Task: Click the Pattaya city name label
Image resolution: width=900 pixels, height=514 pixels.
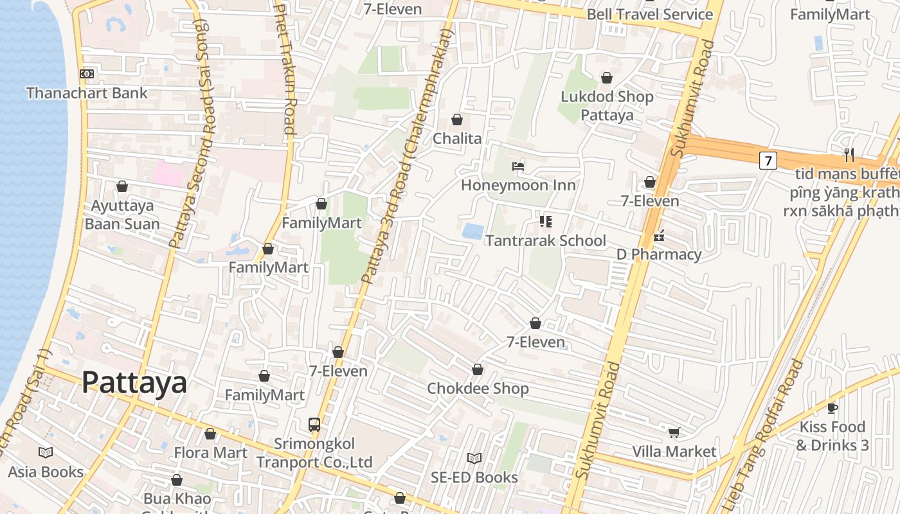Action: pyautogui.click(x=134, y=382)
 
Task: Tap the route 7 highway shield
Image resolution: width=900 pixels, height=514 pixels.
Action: pyautogui.click(x=768, y=160)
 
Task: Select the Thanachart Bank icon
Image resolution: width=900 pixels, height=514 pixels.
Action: pyautogui.click(x=87, y=74)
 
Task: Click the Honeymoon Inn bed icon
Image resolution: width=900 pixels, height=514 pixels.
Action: pyautogui.click(x=518, y=166)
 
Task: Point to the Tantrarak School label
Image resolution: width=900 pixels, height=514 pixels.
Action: pyautogui.click(x=545, y=241)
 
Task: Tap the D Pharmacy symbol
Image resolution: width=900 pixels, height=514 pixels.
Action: pyautogui.click(x=659, y=236)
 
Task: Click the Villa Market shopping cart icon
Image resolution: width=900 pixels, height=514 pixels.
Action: pyautogui.click(x=674, y=432)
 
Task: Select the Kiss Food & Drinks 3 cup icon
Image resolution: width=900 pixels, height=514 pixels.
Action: pyautogui.click(x=832, y=408)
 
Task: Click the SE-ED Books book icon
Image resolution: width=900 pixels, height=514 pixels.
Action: pyautogui.click(x=474, y=458)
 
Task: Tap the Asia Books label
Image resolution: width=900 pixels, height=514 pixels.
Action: pyautogui.click(x=46, y=472)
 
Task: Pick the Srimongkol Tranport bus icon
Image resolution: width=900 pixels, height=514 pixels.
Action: pyautogui.click(x=314, y=425)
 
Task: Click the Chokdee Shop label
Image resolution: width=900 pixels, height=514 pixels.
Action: pyautogui.click(x=478, y=389)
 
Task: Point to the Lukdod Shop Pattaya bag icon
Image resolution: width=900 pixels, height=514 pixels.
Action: pyautogui.click(x=606, y=78)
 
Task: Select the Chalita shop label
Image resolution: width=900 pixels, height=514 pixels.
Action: pyautogui.click(x=457, y=138)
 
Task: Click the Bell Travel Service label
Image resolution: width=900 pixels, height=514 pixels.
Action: pyautogui.click(x=650, y=14)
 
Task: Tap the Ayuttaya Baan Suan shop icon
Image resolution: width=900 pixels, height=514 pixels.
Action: pyautogui.click(x=122, y=186)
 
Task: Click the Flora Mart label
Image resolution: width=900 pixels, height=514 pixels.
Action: pyautogui.click(x=210, y=453)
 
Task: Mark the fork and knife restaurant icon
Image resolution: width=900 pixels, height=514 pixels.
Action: pyautogui.click(x=849, y=154)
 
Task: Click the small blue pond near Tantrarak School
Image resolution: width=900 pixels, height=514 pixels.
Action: pyautogui.click(x=473, y=231)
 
